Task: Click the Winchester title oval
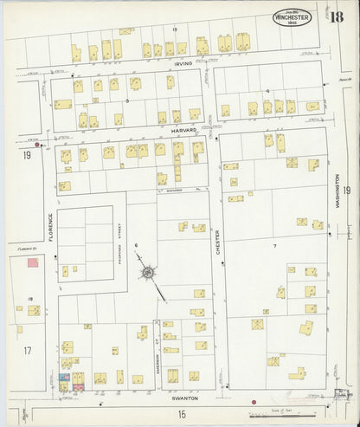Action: click(x=297, y=17)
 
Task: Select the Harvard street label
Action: click(x=183, y=130)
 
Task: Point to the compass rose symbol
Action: click(x=149, y=274)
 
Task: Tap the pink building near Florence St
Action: click(x=33, y=262)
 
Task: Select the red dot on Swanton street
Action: click(x=253, y=402)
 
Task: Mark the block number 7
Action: click(x=273, y=247)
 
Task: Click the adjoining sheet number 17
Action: click(x=27, y=350)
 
